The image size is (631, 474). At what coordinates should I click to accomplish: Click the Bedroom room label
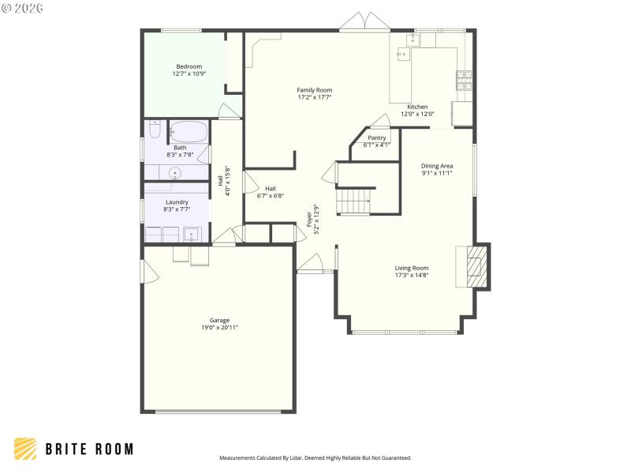click(x=188, y=66)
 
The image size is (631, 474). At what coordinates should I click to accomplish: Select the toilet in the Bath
click(x=155, y=131)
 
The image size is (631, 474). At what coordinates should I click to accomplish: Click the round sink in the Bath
click(x=175, y=174)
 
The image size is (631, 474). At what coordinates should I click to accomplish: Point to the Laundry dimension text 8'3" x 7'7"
click(x=177, y=209)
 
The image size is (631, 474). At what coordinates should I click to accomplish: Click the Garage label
click(x=219, y=320)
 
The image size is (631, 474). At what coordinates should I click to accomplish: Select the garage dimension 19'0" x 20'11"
click(x=219, y=327)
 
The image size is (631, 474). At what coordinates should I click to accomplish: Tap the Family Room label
click(x=314, y=90)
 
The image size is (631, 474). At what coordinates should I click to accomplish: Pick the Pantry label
click(x=376, y=137)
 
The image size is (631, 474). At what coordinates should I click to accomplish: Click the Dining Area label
click(x=436, y=165)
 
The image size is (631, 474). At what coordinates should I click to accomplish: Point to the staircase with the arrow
click(x=356, y=201)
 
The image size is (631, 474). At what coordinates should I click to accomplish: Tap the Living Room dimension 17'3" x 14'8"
click(x=412, y=276)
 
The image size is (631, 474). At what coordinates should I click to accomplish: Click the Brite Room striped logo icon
click(x=25, y=449)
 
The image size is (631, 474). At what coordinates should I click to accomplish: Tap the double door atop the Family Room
click(x=364, y=23)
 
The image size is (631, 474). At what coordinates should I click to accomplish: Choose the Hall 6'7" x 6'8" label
click(x=270, y=192)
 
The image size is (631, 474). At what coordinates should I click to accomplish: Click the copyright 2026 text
click(x=23, y=8)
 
